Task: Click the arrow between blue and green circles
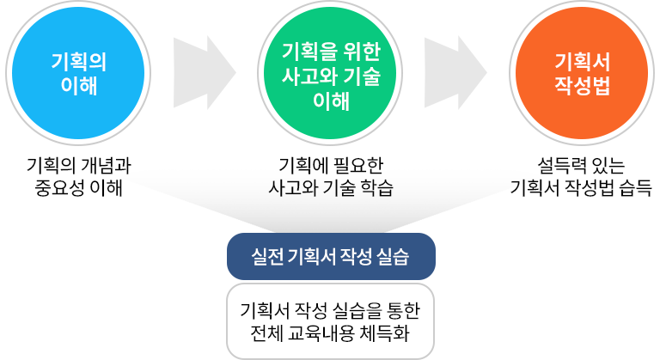(x=204, y=73)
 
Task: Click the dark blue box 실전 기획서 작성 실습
(x=331, y=256)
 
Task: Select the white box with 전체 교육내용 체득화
(x=331, y=320)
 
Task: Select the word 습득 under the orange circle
(x=632, y=186)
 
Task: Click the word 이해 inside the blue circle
(x=78, y=87)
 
